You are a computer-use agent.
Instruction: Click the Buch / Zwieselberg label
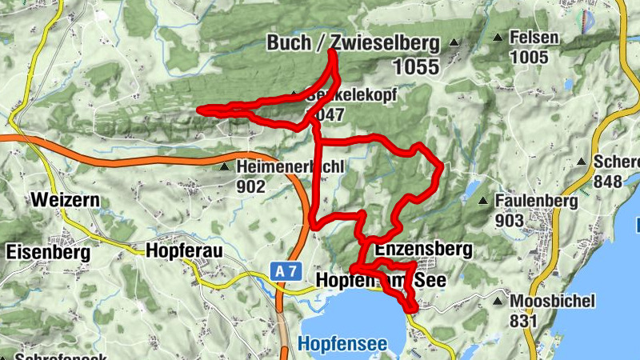(x=353, y=43)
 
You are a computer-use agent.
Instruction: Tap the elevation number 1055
(x=415, y=68)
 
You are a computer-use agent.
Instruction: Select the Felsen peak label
(x=535, y=38)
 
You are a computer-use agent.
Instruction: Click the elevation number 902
(x=251, y=186)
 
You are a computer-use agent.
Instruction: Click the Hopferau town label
(x=183, y=251)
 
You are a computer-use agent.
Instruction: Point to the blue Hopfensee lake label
(x=342, y=345)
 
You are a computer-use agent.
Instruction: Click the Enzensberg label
(x=423, y=249)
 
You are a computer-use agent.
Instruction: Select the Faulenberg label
(x=536, y=202)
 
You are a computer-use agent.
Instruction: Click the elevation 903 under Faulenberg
(x=510, y=220)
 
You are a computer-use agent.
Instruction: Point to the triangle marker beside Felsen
(x=498, y=38)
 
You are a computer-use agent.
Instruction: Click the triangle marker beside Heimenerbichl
(x=225, y=167)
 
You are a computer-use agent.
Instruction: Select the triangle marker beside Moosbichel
(x=498, y=302)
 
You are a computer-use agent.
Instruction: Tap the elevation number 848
(x=608, y=182)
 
